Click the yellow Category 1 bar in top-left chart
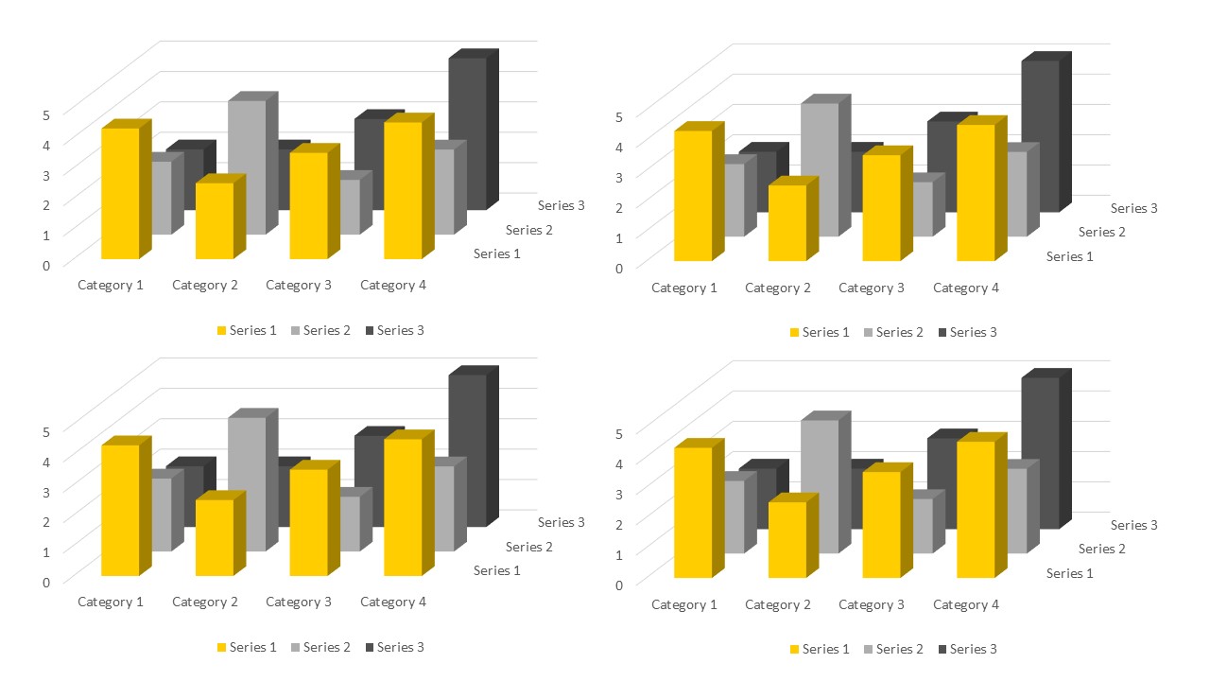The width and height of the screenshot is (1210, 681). (120, 193)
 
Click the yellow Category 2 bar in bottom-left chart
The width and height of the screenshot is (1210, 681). (215, 537)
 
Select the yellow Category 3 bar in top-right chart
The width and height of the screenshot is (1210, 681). (881, 207)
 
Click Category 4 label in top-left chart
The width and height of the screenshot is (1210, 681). (393, 285)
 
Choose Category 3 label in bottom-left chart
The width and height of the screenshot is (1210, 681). (299, 602)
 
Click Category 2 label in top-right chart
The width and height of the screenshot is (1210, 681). (778, 288)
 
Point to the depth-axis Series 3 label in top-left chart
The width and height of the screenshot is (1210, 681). (562, 205)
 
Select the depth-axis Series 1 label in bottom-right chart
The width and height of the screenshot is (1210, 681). (1070, 573)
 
